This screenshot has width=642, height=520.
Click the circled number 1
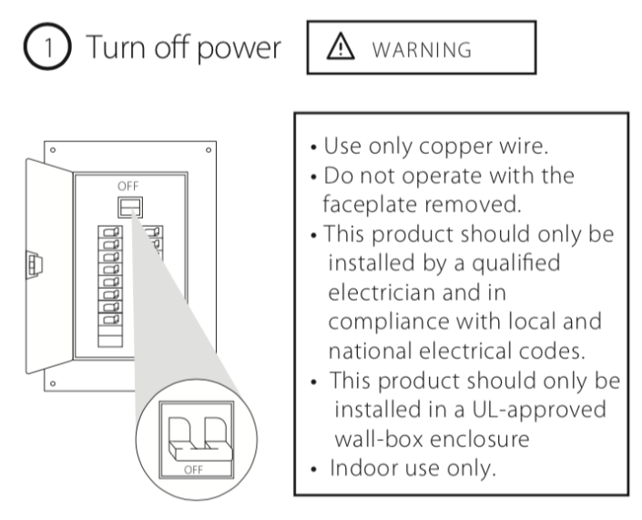(x=47, y=46)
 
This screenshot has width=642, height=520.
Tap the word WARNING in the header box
(x=422, y=50)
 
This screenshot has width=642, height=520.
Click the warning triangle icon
(x=341, y=46)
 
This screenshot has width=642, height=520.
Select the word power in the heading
(x=239, y=48)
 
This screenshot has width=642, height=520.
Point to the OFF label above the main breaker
(x=128, y=187)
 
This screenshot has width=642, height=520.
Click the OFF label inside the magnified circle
(x=193, y=470)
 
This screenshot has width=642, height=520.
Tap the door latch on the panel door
(x=34, y=264)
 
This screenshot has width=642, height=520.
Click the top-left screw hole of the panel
(x=53, y=150)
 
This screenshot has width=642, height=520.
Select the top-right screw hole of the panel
(x=209, y=150)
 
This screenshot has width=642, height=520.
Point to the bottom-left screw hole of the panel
(x=53, y=383)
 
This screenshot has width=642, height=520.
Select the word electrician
(x=382, y=292)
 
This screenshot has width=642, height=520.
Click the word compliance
(x=389, y=322)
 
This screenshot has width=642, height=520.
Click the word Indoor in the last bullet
(x=364, y=468)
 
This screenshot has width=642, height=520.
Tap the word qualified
(x=516, y=263)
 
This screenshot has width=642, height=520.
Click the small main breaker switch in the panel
(x=130, y=208)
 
